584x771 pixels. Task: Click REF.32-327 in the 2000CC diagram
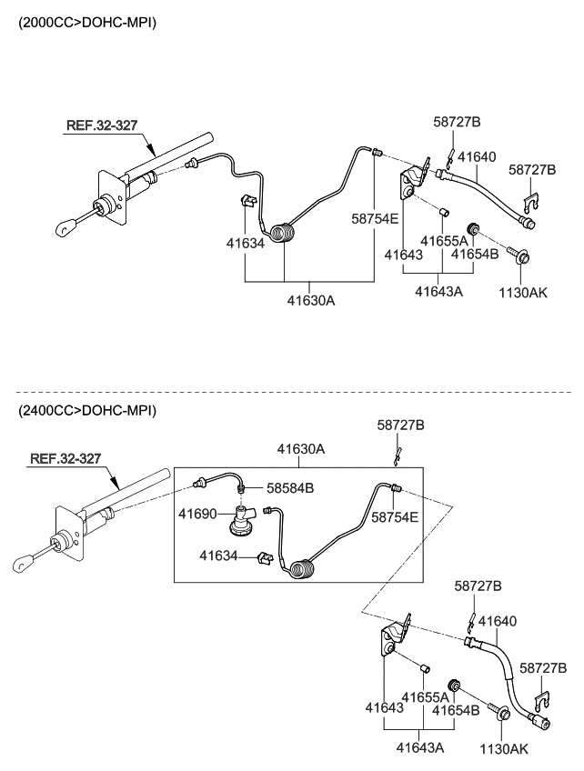101,125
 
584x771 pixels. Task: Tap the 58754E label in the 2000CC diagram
376,218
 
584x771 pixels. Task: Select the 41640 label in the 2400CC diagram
498,622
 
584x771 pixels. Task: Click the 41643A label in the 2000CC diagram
438,292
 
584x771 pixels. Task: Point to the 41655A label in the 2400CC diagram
426,696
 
